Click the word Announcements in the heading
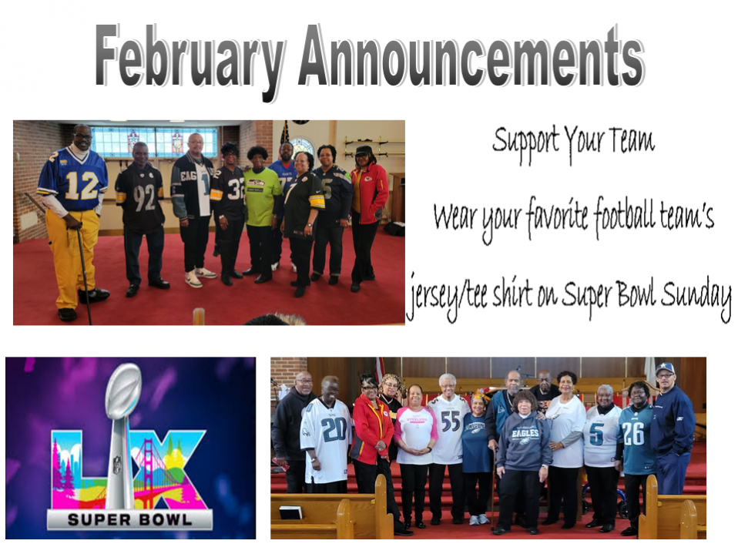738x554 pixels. (471, 55)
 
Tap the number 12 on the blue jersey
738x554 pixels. (82, 185)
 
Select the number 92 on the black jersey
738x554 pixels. (145, 198)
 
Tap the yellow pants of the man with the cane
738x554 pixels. (72, 258)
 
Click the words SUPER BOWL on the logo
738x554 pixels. (130, 519)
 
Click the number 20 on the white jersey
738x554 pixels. (334, 430)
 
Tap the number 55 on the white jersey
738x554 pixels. (451, 421)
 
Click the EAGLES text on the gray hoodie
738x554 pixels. (525, 433)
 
